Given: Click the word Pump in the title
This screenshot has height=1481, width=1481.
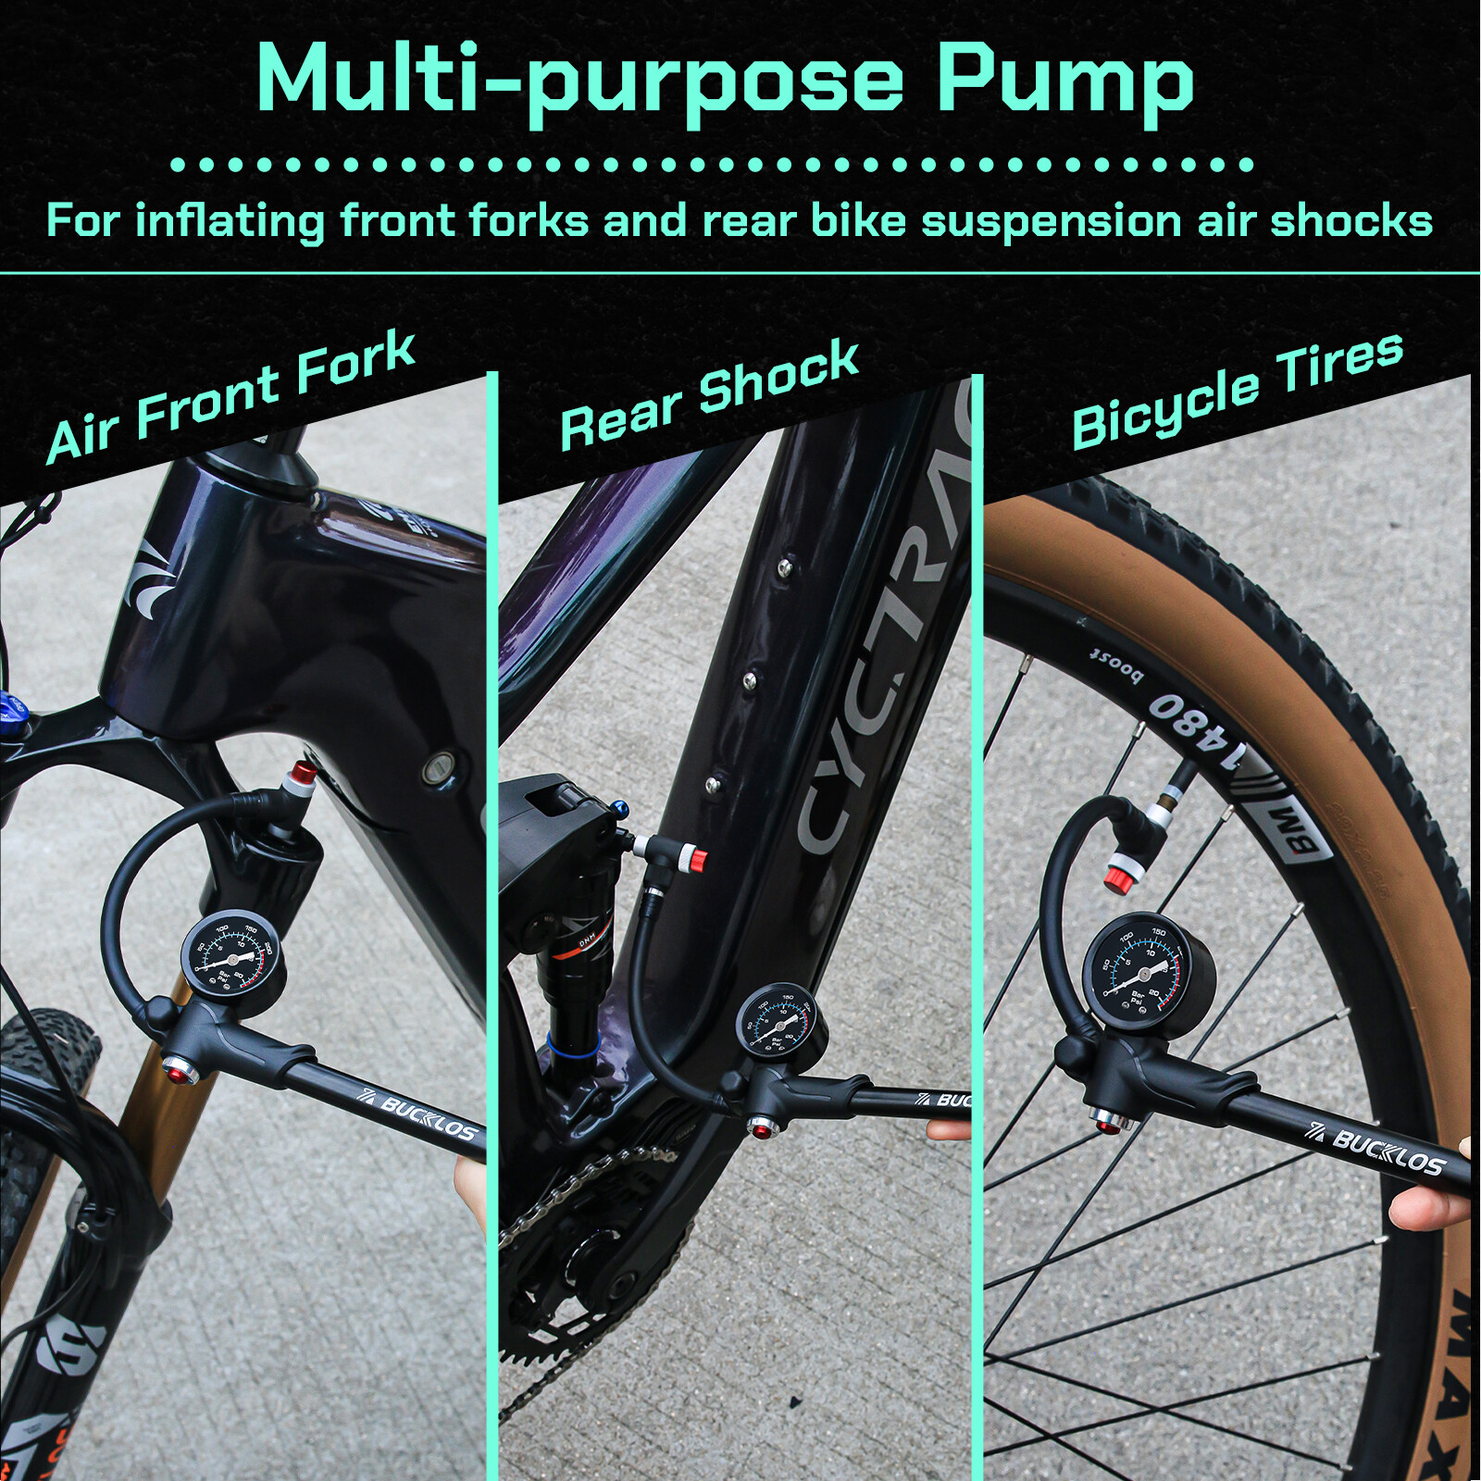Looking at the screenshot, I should [x=1064, y=81].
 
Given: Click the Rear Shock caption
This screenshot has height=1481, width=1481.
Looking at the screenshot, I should [x=709, y=393].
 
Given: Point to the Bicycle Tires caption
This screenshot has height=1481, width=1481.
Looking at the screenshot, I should [x=1237, y=389].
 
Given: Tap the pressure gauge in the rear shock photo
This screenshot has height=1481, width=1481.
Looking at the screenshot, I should [x=782, y=1021].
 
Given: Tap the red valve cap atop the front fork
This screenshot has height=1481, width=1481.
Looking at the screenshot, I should [x=301, y=778].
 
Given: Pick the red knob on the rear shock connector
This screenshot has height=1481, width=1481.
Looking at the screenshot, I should [x=696, y=861].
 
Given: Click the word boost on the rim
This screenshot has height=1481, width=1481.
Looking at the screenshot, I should [x=1115, y=665].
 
